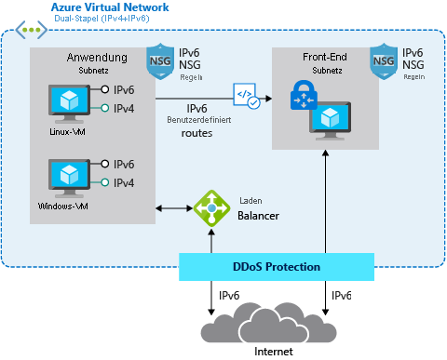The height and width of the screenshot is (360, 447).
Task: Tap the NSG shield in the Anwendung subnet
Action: pos(159,61)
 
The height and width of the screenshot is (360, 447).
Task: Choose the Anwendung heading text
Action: pos(97,58)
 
